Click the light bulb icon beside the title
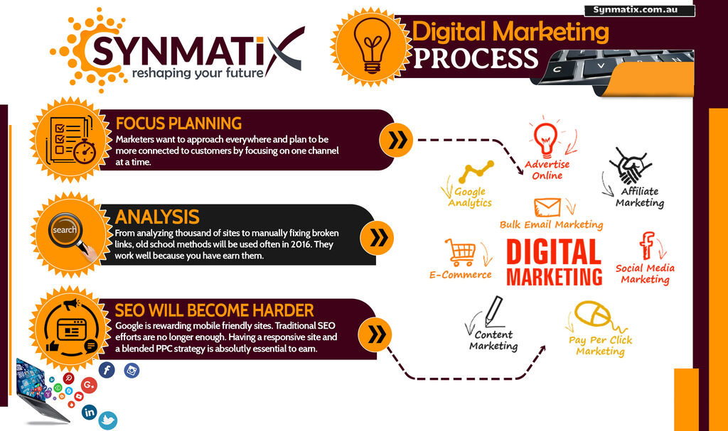372,45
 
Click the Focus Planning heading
178,124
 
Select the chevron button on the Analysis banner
377,238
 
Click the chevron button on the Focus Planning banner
396,140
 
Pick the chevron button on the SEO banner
375,334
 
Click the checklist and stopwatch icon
70,140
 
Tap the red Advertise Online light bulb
545,138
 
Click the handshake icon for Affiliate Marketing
630,165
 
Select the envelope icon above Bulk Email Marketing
547,207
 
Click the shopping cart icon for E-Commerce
460,252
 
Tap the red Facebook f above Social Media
646,246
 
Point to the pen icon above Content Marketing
494,311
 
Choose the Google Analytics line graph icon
476,172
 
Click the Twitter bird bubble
108,420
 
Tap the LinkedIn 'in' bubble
89,412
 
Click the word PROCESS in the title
476,58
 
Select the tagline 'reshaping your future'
198,73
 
